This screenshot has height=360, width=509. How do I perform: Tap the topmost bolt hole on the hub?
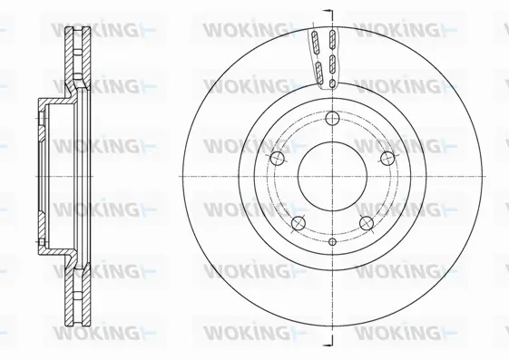[x=332, y=117]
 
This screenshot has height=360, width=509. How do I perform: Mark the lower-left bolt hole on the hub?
[x=297, y=223]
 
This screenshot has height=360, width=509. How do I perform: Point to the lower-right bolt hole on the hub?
[x=367, y=223]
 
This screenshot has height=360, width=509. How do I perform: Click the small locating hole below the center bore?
[x=332, y=242]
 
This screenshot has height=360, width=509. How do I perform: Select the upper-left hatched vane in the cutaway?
[x=315, y=43]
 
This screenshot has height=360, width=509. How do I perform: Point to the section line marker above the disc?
[x=329, y=10]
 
